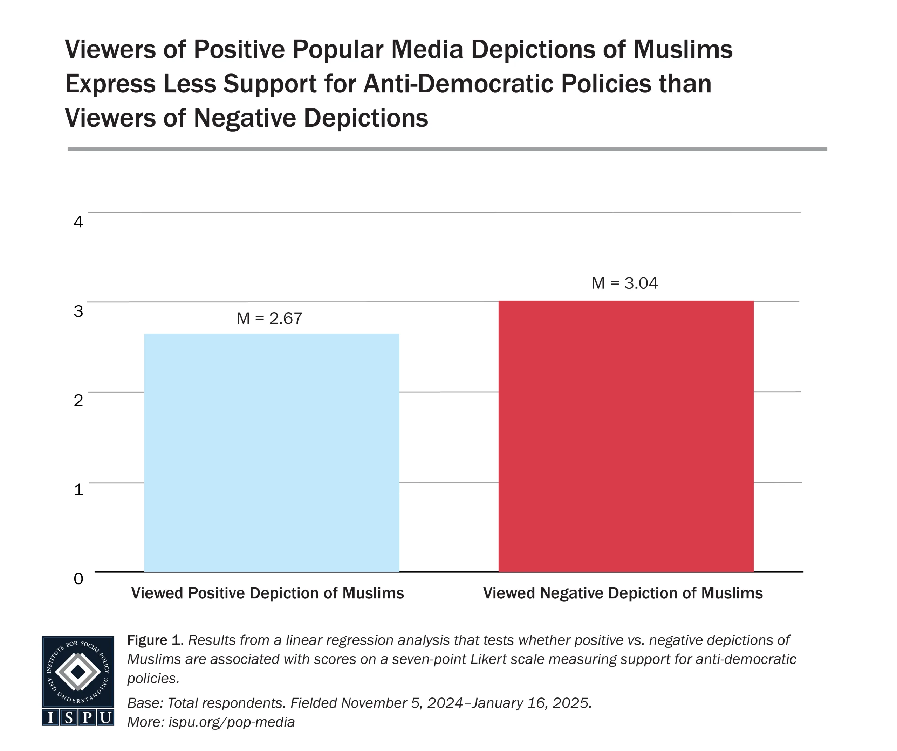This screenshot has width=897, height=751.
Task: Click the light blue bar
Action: click(272, 452)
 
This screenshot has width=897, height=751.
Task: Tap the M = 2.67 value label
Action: click(269, 318)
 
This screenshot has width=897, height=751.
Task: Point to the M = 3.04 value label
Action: click(624, 283)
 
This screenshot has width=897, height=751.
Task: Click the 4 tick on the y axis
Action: click(78, 222)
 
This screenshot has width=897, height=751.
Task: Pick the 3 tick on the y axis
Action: click(78, 311)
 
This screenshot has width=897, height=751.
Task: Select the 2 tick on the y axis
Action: click(78, 400)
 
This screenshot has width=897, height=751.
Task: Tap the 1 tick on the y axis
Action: click(78, 490)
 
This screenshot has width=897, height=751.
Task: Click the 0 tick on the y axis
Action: click(78, 578)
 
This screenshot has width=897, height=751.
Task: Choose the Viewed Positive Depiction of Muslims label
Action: click(267, 594)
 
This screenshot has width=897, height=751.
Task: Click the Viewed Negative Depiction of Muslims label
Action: click(623, 594)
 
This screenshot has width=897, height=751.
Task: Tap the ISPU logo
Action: click(78, 681)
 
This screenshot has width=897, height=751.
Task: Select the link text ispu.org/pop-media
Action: click(232, 722)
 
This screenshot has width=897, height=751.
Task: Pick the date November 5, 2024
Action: click(402, 703)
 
